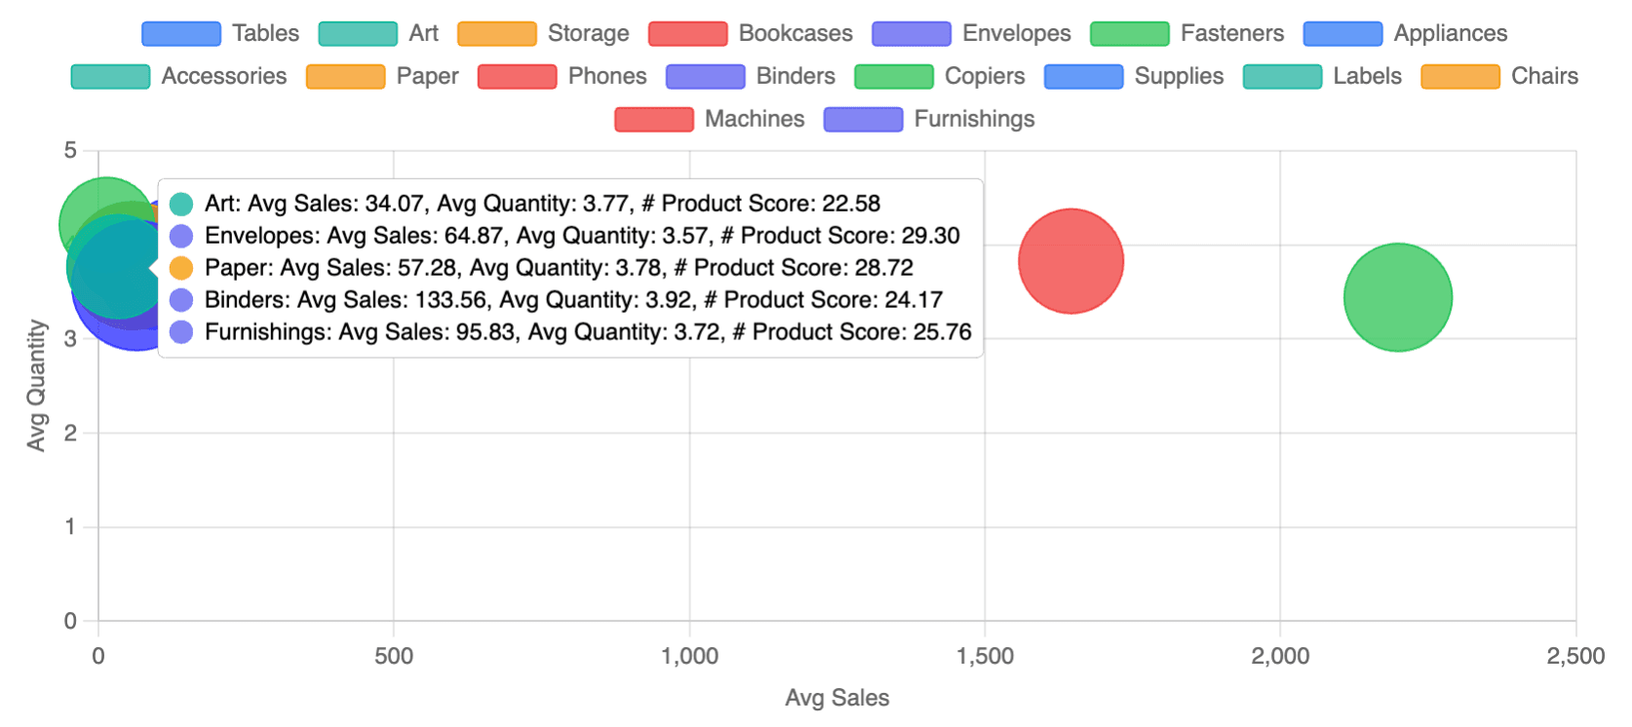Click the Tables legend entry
[221, 33]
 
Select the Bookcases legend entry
[751, 33]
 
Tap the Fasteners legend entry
[1187, 33]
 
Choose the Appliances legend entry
[1405, 33]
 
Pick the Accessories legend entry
[179, 76]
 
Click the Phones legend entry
[563, 76]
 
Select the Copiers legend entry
[940, 76]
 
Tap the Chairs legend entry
[1499, 76]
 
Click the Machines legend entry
[710, 119]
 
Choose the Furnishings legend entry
[929, 119]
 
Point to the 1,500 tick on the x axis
[985, 657]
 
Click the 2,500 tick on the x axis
[1575, 657]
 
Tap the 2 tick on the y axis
[70, 433]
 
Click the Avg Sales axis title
[836, 698]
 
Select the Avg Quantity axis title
[36, 385]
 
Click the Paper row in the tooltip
[559, 268]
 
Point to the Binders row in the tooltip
[573, 300]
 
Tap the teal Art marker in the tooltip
[181, 204]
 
